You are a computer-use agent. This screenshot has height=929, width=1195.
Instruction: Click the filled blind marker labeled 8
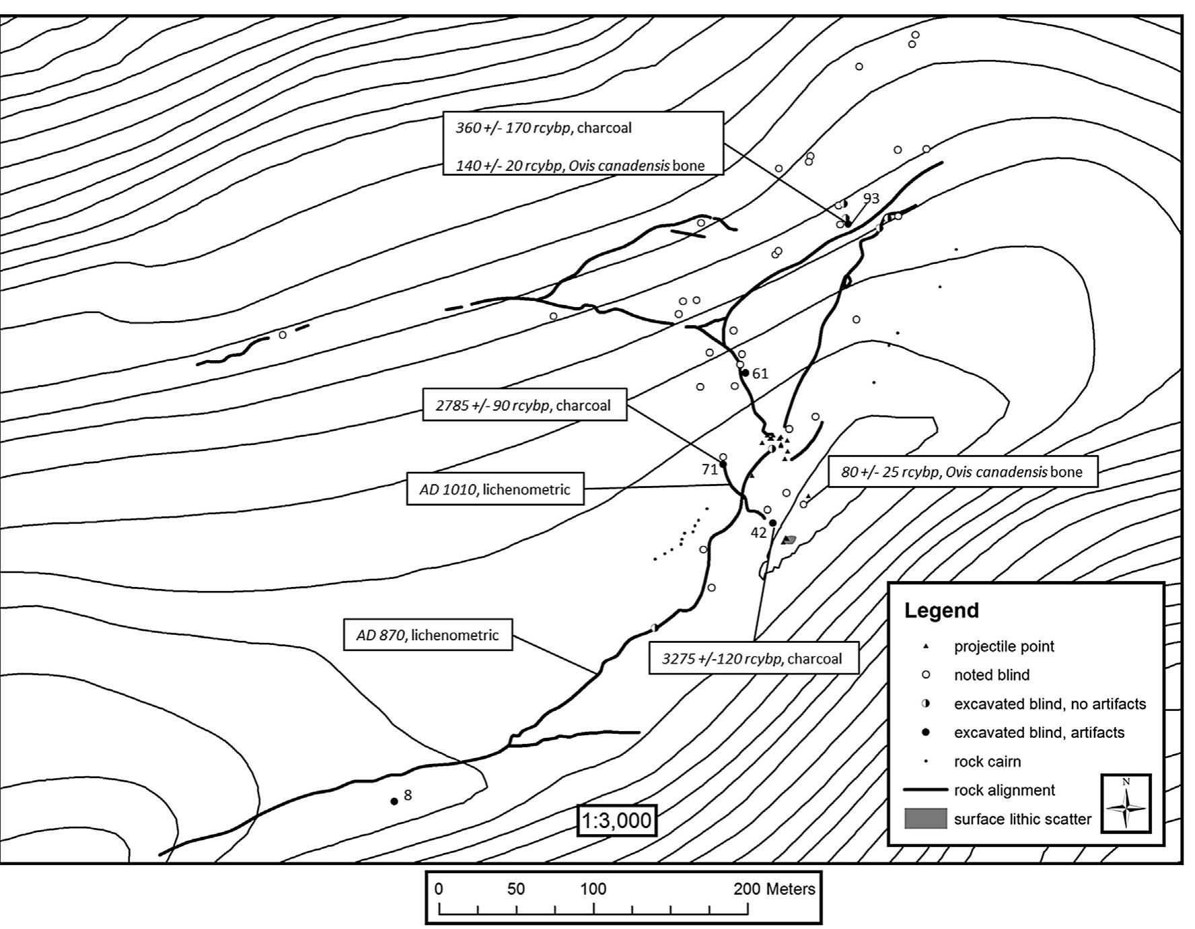[394, 801]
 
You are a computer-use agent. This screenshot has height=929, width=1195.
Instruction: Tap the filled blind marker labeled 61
[745, 372]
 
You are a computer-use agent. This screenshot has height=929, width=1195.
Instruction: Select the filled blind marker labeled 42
[772, 523]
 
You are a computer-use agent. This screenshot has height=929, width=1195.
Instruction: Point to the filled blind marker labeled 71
[723, 464]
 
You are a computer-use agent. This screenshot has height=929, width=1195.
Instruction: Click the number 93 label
[871, 198]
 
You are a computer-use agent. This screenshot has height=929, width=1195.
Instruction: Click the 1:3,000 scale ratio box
[616, 821]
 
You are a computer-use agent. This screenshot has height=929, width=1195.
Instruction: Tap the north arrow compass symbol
[1126, 804]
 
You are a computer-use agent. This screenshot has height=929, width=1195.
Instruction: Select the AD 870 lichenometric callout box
[427, 635]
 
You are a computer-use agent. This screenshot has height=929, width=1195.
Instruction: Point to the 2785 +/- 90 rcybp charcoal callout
[524, 405]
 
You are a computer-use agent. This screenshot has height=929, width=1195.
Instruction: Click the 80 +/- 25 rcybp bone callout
[962, 472]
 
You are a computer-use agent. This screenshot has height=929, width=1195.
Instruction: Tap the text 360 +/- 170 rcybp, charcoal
[544, 128]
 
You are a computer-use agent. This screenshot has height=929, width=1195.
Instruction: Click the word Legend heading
[941, 611]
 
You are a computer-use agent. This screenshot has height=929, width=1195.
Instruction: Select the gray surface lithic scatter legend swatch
[925, 819]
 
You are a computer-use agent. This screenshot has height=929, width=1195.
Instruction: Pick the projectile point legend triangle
[925, 646]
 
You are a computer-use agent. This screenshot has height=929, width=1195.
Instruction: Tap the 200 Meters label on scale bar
[774, 889]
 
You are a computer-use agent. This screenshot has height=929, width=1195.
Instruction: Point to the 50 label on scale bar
[516, 889]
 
